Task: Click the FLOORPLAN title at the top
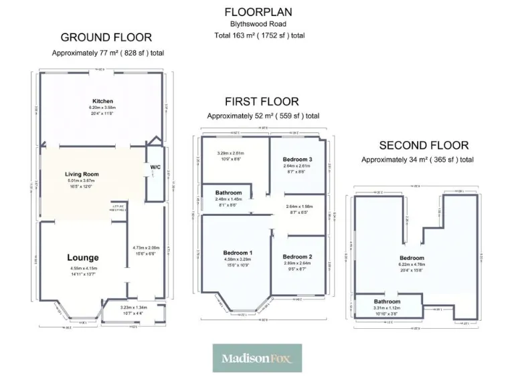(x=258, y=12)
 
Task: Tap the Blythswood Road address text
(x=258, y=25)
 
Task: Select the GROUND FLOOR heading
(x=106, y=37)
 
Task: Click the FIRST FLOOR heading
(x=262, y=102)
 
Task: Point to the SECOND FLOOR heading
(x=424, y=145)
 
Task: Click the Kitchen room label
(x=102, y=102)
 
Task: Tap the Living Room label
(x=82, y=174)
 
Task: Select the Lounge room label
(x=83, y=257)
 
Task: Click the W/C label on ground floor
(x=155, y=167)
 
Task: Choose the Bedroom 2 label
(x=297, y=257)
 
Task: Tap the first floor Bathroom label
(x=228, y=191)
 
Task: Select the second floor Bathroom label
(x=387, y=301)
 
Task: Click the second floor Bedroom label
(x=412, y=258)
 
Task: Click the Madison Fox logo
(x=257, y=358)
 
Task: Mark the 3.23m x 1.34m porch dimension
(x=133, y=307)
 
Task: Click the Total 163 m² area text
(x=259, y=35)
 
